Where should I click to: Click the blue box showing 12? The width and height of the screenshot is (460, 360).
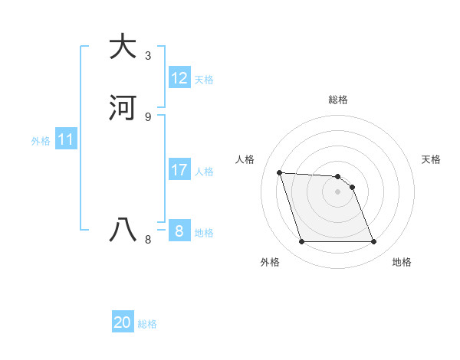tap(179, 78)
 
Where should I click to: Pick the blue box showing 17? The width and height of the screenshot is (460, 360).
tap(179, 170)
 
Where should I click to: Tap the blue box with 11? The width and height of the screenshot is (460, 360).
tap(66, 140)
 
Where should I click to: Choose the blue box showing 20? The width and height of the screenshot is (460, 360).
tap(123, 322)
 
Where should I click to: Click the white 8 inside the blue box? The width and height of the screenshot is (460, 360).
tap(179, 231)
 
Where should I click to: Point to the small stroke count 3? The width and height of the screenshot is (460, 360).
tap(148, 56)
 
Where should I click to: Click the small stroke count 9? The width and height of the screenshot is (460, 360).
tap(148, 117)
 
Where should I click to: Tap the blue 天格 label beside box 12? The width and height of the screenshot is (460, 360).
tap(204, 80)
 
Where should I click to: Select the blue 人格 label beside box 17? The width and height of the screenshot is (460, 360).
tap(204, 172)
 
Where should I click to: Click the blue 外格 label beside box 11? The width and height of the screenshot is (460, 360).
tap(41, 142)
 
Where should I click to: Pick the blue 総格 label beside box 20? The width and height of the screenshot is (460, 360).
tap(147, 324)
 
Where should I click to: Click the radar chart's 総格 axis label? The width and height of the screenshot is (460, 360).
tap(338, 100)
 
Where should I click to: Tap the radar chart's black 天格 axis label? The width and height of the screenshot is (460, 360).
tap(432, 159)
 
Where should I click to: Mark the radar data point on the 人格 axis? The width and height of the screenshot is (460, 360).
tap(279, 172)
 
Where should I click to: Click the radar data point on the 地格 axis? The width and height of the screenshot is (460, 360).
tap(374, 242)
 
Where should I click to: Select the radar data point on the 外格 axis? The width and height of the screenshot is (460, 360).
tap(301, 242)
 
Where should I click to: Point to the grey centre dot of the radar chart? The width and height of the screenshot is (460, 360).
tap(338, 191)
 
